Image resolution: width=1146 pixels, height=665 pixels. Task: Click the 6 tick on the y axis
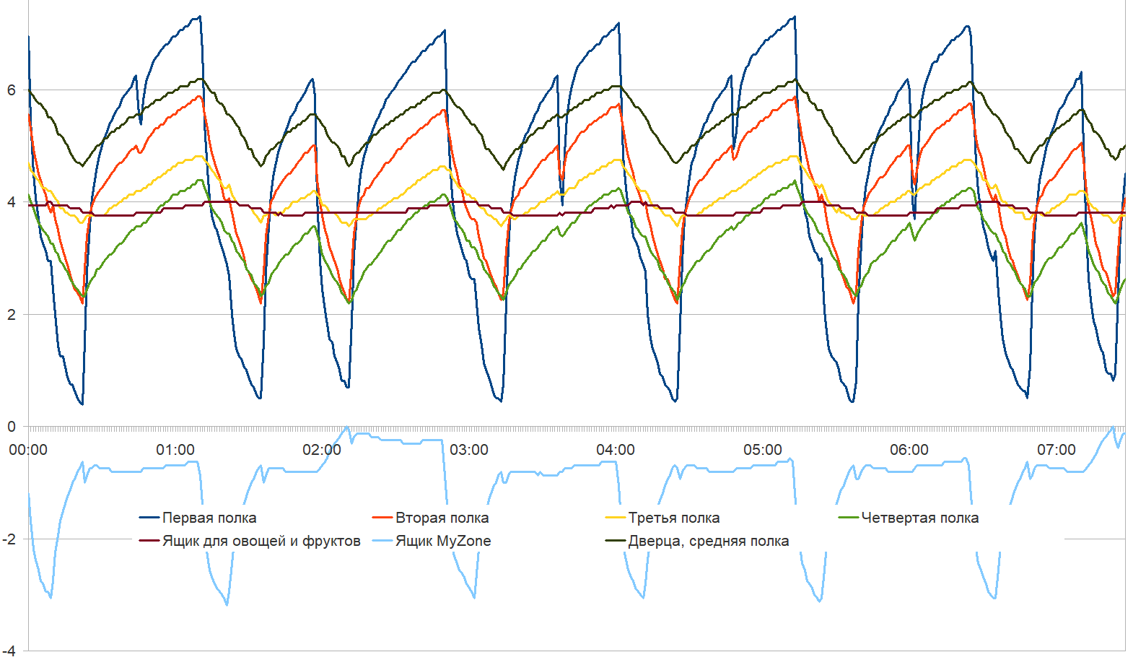pos(11,90)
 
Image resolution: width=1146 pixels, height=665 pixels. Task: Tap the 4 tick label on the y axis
pos(11,202)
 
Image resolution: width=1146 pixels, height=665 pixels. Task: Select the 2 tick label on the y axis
pos(11,315)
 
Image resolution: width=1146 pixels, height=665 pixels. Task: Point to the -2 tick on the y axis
pos(9,539)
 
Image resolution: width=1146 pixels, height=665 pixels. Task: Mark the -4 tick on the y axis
pos(9,651)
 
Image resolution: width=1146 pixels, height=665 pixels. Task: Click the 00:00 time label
pos(28,450)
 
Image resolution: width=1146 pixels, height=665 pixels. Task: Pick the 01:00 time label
pos(175,450)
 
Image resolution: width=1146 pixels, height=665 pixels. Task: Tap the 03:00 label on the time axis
pos(469,450)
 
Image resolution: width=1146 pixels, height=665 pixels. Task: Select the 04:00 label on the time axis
pos(616,450)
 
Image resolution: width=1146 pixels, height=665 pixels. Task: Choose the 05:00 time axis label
pos(763,450)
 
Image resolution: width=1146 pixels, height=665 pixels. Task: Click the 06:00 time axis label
pos(909,450)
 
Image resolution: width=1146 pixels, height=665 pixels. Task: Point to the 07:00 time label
pos(1057,450)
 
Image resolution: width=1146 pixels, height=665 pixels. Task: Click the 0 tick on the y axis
pos(11,427)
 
